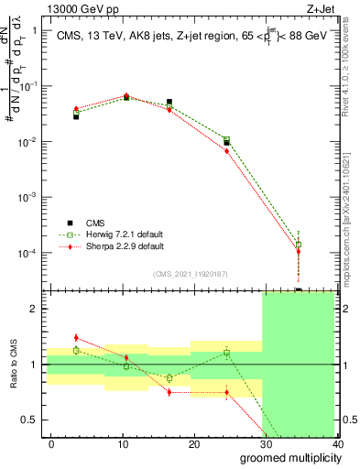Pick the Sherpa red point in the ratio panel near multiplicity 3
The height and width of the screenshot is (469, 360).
point(76,338)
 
